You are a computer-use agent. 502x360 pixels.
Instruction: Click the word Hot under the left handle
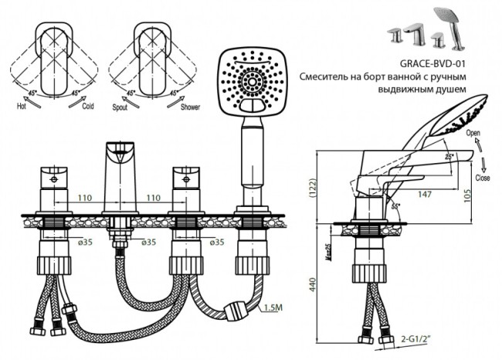[23, 107]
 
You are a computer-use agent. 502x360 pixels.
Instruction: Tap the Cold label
[89, 107]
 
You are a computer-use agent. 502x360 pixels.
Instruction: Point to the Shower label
[190, 107]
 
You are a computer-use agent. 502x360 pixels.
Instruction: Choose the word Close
[483, 177]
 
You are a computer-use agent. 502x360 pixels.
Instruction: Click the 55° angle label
[396, 207]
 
